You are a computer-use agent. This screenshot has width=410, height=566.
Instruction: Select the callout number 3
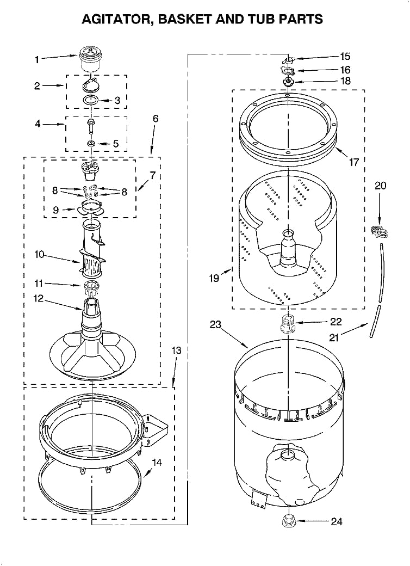click(x=117, y=100)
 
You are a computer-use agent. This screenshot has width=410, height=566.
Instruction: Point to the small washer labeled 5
click(x=91, y=144)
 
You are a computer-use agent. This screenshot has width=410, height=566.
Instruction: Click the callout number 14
click(x=157, y=463)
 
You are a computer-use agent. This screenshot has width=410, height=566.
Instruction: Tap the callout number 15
click(x=345, y=56)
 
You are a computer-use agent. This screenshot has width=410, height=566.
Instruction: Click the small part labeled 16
click(x=288, y=70)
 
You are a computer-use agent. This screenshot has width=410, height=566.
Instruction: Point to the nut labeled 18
click(x=288, y=82)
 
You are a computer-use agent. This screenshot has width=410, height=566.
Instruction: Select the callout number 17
click(x=353, y=162)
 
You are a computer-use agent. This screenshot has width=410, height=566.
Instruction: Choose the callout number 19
click(x=214, y=278)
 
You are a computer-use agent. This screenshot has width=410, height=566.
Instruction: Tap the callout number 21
click(x=333, y=337)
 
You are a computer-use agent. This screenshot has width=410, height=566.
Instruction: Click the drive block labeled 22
click(x=287, y=325)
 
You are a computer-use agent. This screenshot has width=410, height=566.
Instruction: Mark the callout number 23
click(x=216, y=325)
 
